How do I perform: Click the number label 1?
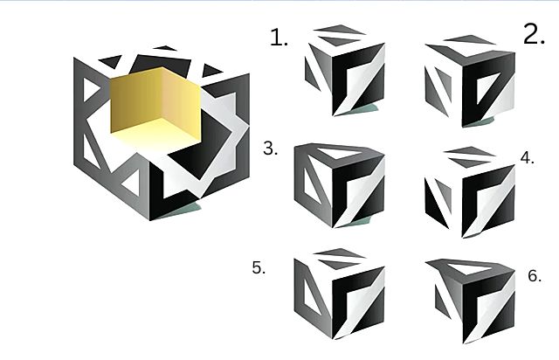coord(279,38)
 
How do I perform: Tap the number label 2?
coord(534,34)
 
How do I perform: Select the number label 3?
coord(271,148)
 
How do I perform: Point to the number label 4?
coord(528,157)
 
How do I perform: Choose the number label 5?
coord(259,267)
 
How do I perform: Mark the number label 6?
coord(535,276)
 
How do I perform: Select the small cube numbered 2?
coord(470,81)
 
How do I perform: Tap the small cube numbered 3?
coord(340,185)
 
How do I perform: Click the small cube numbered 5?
coord(340,294)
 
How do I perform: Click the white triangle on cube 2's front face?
coord(487,87)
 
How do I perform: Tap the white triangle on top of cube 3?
coord(340,153)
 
